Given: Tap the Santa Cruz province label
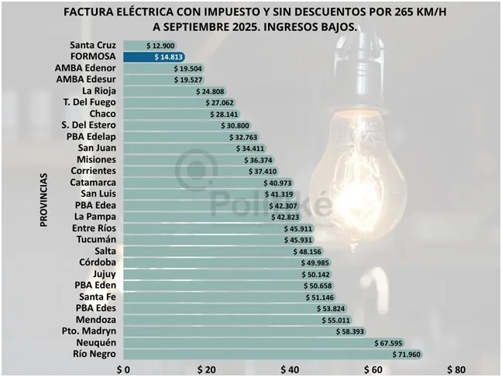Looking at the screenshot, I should (92, 45).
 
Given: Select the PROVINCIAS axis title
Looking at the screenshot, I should (44, 200).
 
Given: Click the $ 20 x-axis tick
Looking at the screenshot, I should (206, 369).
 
